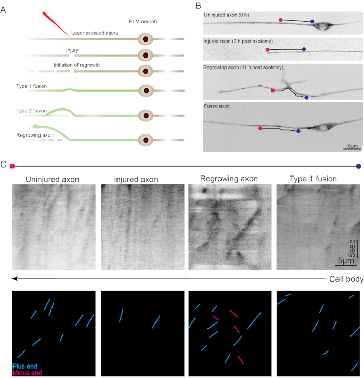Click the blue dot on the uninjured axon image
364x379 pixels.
tap(312, 22)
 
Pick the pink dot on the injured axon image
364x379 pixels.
tap(267, 50)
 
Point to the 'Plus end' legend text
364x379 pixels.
tap(25, 367)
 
